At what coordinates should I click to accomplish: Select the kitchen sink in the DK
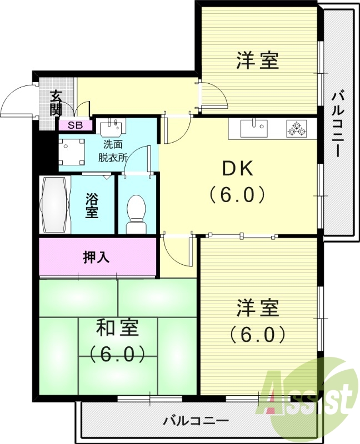click(x=254, y=128)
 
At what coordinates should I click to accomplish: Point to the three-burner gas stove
click(x=297, y=128)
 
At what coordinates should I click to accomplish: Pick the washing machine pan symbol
click(x=71, y=152)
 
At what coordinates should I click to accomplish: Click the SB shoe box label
click(x=76, y=125)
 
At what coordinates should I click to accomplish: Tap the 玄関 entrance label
click(x=56, y=103)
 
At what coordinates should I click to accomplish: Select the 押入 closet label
click(x=96, y=258)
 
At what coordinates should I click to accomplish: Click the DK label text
click(x=238, y=169)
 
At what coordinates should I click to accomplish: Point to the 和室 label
click(x=117, y=327)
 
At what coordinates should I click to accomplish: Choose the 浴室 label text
click(x=92, y=205)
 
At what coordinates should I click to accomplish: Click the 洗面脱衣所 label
click(x=113, y=152)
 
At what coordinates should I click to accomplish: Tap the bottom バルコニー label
click(x=196, y=421)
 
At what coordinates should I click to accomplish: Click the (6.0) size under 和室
click(x=117, y=354)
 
